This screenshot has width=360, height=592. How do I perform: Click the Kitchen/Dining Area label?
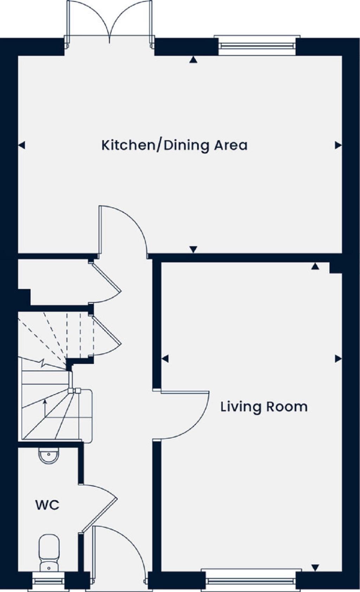coord(174,145)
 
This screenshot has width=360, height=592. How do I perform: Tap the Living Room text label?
coord(264,407)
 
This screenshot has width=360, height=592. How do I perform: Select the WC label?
coord(47,505)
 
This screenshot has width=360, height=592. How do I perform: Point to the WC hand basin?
coord(49,456)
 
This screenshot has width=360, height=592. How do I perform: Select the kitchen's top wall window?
coord(257,45)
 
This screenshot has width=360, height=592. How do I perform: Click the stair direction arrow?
coord(45,408)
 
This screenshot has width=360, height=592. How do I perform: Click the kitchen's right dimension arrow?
coord(338,145)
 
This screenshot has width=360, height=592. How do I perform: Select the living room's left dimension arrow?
coord(165,359)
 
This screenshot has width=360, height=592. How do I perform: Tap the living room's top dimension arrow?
coord(315,266)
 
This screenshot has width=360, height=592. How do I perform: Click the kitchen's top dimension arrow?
coord(193,60)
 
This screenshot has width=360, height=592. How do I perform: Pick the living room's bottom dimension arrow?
coord(315,567)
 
